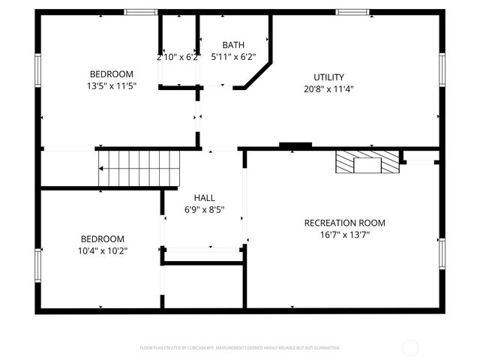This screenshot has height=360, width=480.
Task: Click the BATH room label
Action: click(233, 45)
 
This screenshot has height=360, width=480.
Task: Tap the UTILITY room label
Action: click(328, 77)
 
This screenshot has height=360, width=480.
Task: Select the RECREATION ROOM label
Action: click(344, 223)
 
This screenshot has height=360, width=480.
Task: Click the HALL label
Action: click(204, 198)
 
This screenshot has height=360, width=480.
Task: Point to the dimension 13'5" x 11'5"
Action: click(112, 85)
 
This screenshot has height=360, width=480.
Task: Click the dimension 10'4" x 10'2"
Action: click(103, 250)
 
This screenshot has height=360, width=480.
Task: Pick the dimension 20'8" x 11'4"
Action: click(328, 88)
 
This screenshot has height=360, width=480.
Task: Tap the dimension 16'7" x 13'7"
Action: click(344, 235)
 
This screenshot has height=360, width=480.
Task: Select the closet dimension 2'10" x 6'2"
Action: click(178, 57)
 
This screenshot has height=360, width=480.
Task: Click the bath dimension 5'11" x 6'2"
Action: click(233, 56)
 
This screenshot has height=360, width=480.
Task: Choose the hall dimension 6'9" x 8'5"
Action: click(204, 210)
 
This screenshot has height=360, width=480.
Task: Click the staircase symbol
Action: click(140, 168)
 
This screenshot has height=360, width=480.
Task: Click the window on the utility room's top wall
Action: click(352, 12)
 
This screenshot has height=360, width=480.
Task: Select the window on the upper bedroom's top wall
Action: click(140, 12)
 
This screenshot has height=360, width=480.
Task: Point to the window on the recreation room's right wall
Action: click(442, 255)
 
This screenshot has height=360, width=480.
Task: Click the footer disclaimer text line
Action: click(240, 348)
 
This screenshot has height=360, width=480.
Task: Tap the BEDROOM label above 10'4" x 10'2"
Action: click(103, 238)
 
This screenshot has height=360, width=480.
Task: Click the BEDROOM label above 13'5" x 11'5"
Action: click(112, 73)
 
